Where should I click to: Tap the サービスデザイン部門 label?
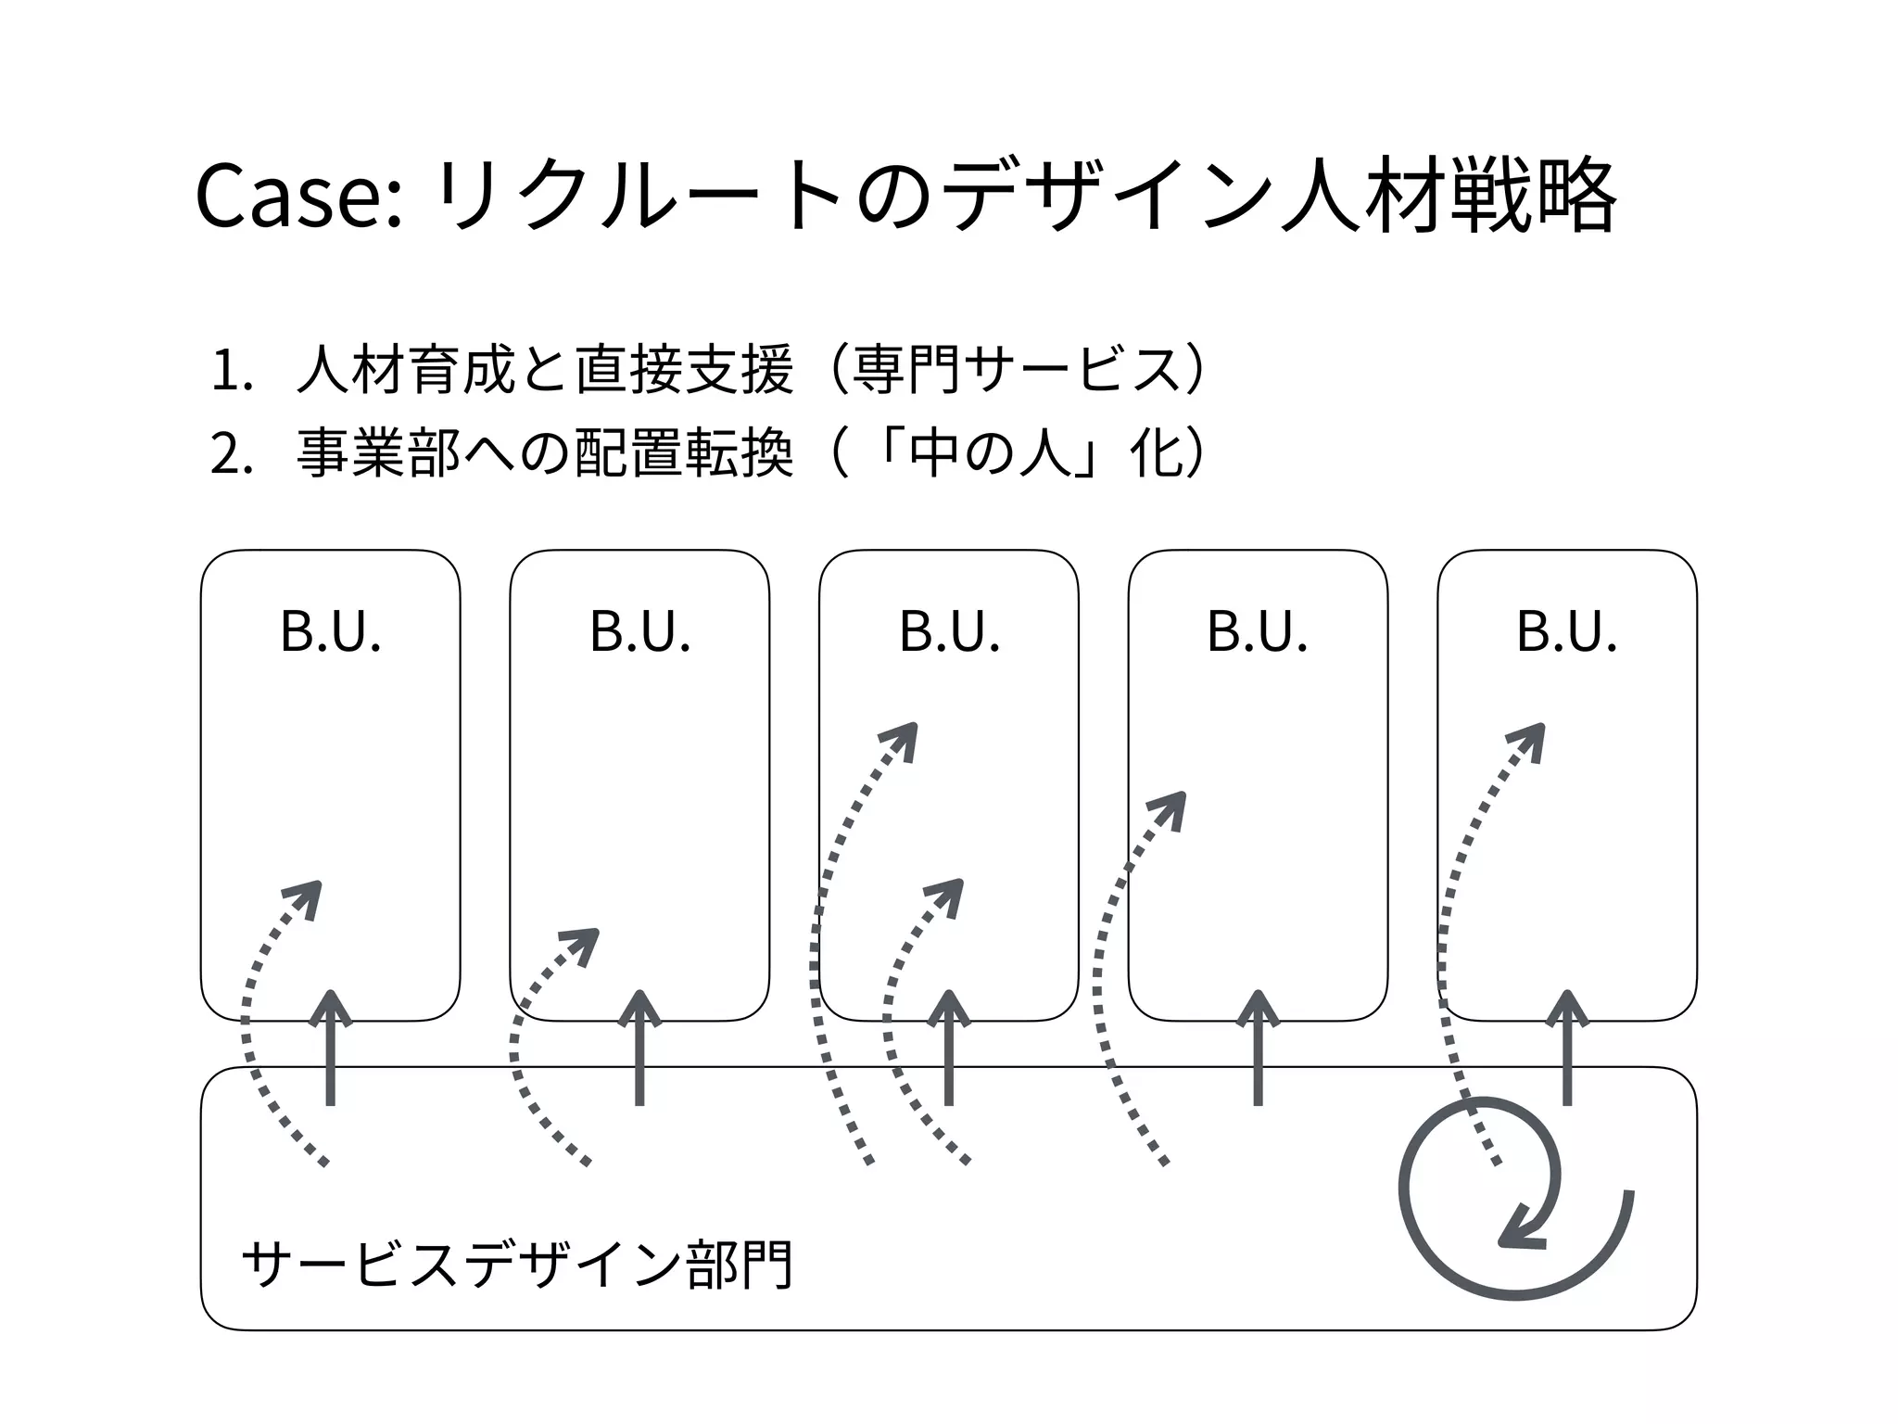(x=516, y=1264)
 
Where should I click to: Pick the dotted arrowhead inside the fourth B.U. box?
(x=1171, y=807)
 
